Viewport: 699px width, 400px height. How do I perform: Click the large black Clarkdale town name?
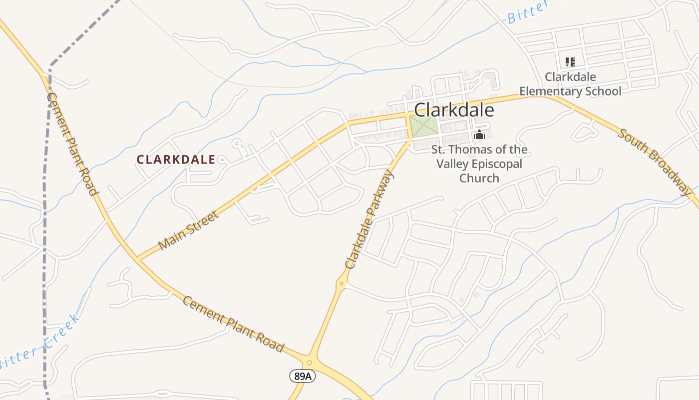pyautogui.click(x=454, y=110)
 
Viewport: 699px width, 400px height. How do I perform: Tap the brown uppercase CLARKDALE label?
pyautogui.click(x=176, y=159)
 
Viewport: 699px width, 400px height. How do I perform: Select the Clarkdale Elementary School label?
pyautogui.click(x=570, y=84)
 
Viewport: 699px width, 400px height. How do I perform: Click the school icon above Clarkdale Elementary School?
pyautogui.click(x=570, y=62)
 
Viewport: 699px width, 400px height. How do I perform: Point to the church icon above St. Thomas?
pyautogui.click(x=479, y=134)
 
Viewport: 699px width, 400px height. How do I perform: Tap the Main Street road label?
pyautogui.click(x=188, y=230)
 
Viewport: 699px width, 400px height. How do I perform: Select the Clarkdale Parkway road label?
pyautogui.click(x=369, y=219)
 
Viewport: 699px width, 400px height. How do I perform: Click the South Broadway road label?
pyautogui.click(x=655, y=161)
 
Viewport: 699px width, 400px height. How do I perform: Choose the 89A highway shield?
pyautogui.click(x=302, y=376)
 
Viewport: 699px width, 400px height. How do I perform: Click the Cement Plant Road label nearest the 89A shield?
pyautogui.click(x=233, y=324)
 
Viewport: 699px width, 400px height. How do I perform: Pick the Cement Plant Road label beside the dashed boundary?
pyautogui.click(x=71, y=144)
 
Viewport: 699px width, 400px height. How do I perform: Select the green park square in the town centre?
pyautogui.click(x=424, y=126)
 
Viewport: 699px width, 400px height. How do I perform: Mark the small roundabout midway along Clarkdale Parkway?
pyautogui.click(x=342, y=283)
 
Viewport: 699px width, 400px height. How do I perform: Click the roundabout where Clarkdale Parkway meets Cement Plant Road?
pyautogui.click(x=310, y=362)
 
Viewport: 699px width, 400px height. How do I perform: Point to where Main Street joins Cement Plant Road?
pyautogui.click(x=138, y=258)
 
